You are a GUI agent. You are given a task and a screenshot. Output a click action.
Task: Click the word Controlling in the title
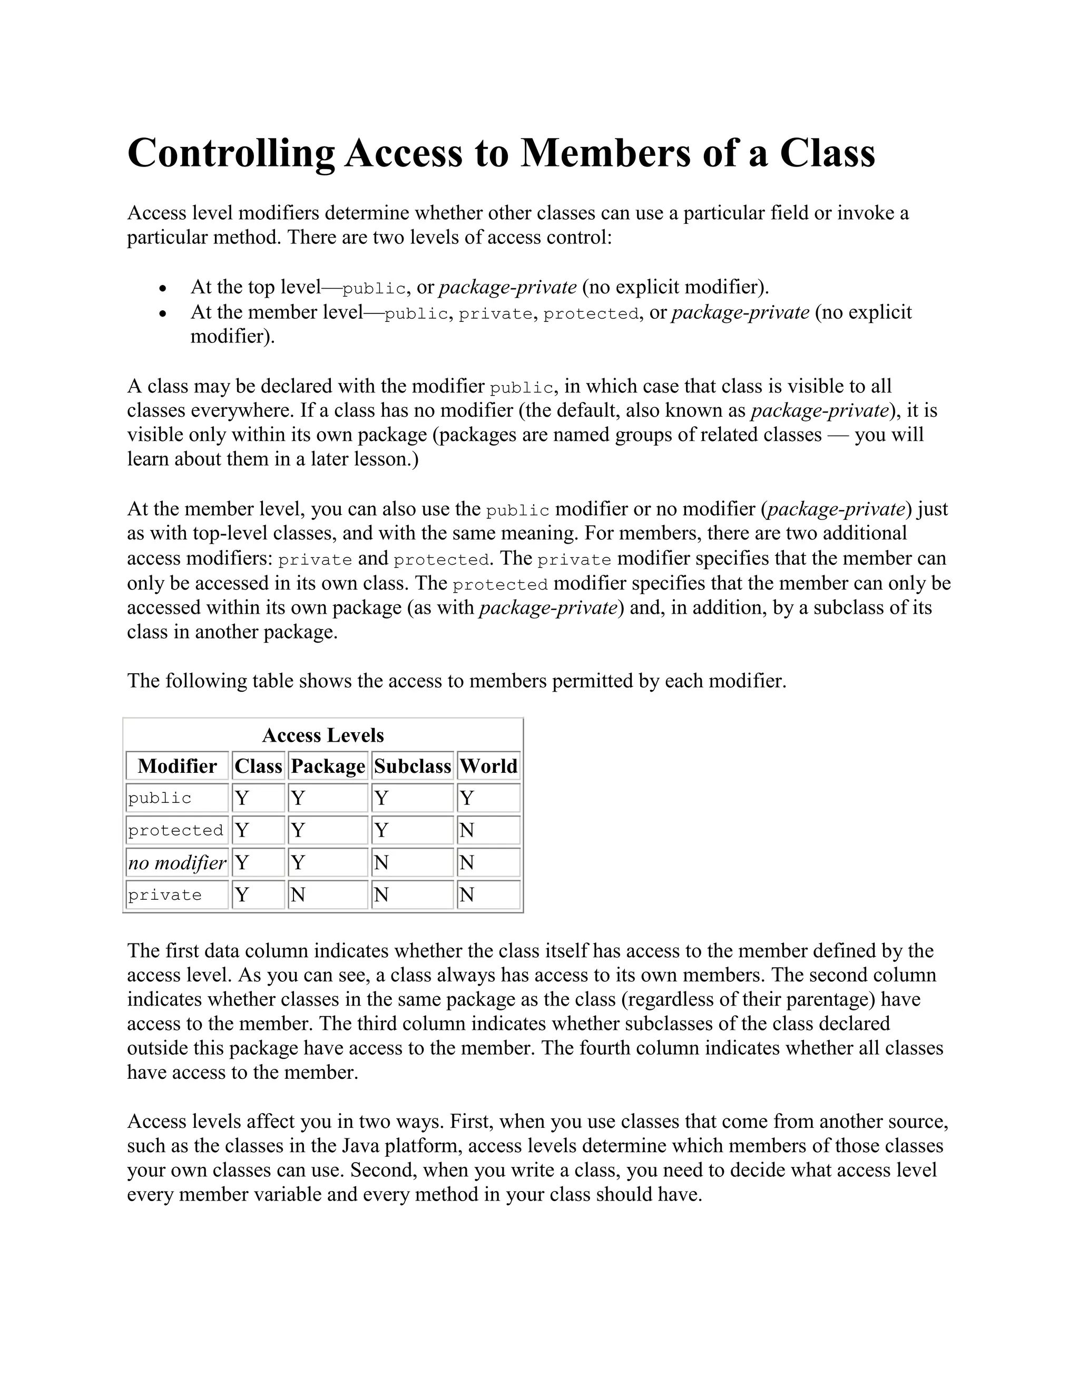[231, 153]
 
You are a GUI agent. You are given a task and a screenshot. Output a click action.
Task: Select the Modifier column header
[177, 766]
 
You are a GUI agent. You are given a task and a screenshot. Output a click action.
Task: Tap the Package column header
[328, 766]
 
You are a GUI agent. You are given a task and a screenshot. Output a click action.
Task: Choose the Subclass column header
[413, 766]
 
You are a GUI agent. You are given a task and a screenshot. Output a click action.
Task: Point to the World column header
[488, 766]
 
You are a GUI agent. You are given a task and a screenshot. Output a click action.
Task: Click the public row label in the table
[160, 798]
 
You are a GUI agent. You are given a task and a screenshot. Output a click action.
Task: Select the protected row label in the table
[176, 830]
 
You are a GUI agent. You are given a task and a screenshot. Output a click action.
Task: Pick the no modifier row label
[177, 863]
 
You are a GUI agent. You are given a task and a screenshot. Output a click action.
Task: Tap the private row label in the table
[165, 895]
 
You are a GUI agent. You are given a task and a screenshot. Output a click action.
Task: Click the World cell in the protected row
[488, 830]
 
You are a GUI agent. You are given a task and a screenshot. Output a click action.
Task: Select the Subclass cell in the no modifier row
[413, 863]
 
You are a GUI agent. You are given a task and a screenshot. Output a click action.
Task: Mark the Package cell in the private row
[328, 895]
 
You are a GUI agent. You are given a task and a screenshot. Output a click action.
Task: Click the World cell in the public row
[488, 798]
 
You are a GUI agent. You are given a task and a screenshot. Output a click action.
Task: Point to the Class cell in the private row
[258, 895]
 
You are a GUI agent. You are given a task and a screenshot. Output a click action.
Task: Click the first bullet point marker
[164, 289]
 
